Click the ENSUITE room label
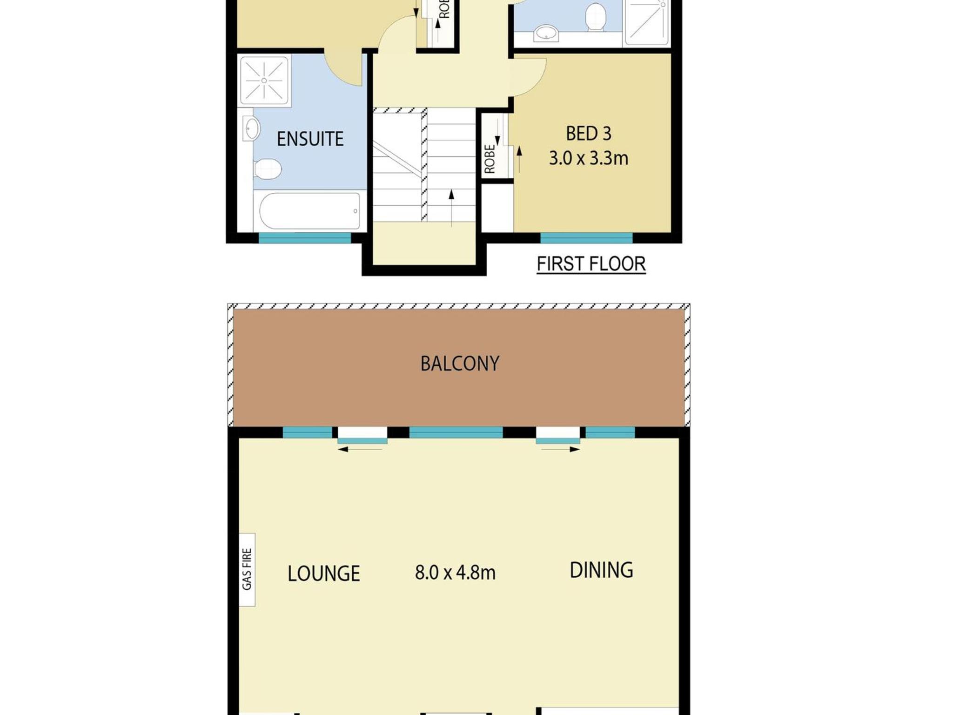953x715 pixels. pyautogui.click(x=310, y=139)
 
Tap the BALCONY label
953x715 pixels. pyautogui.click(x=460, y=364)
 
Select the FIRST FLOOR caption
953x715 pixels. pyautogui.click(x=591, y=264)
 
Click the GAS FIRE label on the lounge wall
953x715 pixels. pyautogui.click(x=247, y=569)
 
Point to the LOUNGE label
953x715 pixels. pyautogui.click(x=324, y=573)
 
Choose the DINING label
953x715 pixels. pyautogui.click(x=601, y=570)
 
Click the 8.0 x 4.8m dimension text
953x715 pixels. pyautogui.click(x=455, y=573)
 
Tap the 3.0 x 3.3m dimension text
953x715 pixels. pyautogui.click(x=589, y=158)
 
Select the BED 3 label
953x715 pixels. pyautogui.click(x=589, y=134)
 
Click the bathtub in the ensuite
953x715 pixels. pyautogui.click(x=309, y=211)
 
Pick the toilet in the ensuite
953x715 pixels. pyautogui.click(x=268, y=169)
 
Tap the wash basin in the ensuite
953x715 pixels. pyautogui.click(x=251, y=128)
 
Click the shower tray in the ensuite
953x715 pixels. pyautogui.click(x=264, y=81)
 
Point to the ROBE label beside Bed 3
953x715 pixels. pyautogui.click(x=490, y=159)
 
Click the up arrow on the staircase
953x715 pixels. pyautogui.click(x=451, y=208)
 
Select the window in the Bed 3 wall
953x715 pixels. pyautogui.click(x=586, y=238)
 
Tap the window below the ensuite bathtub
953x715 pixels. pyautogui.click(x=305, y=238)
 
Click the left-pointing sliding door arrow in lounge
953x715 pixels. pyautogui.click(x=360, y=450)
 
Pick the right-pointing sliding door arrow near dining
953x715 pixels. pyautogui.click(x=561, y=450)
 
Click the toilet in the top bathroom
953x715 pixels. pyautogui.click(x=595, y=17)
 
